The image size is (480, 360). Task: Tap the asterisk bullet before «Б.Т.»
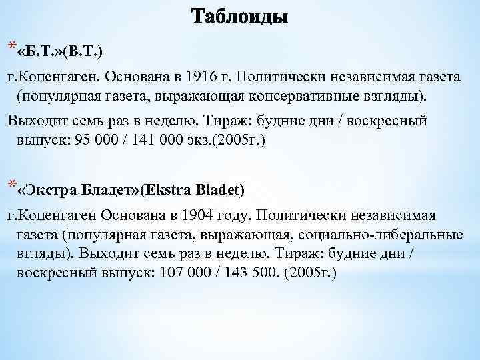pos(10,45)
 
